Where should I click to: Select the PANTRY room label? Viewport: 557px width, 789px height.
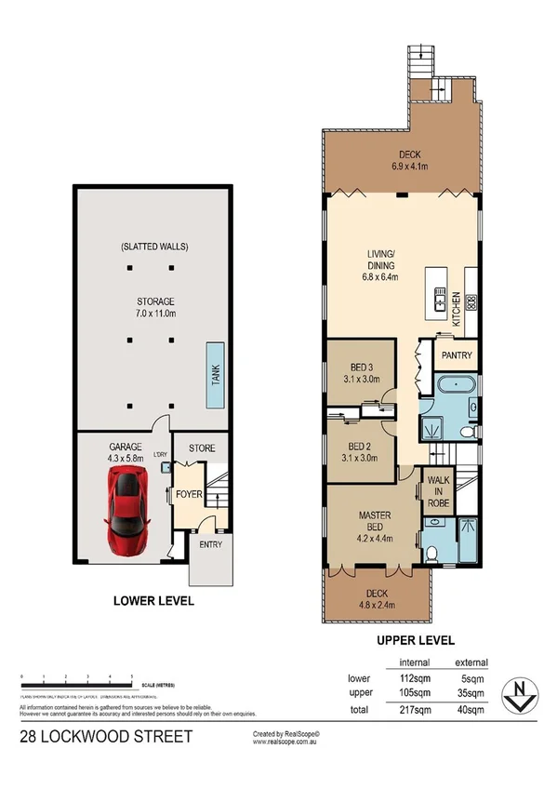click(457, 355)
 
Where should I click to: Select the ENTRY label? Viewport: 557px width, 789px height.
click(209, 544)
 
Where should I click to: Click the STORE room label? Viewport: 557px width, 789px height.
click(202, 448)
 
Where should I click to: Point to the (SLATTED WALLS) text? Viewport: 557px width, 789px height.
click(153, 247)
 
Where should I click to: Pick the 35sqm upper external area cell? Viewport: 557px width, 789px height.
click(471, 693)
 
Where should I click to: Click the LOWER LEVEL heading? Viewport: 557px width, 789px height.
click(153, 601)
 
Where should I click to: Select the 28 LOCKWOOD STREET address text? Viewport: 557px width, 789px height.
click(106, 737)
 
